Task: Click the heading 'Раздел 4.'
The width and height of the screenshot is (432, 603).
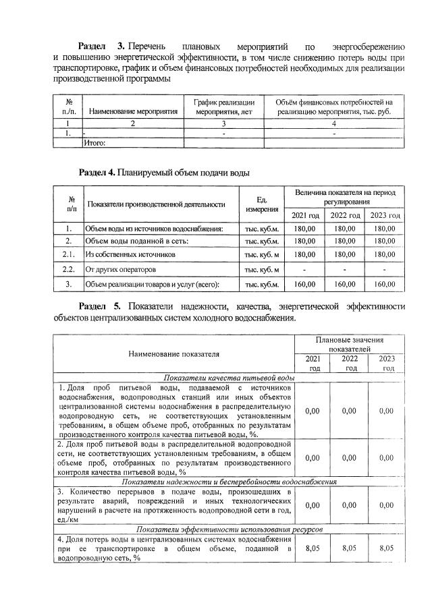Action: [x=97, y=173]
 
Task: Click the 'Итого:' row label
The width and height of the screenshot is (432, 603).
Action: [x=95, y=142]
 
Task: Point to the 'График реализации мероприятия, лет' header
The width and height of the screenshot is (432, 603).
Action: [x=223, y=106]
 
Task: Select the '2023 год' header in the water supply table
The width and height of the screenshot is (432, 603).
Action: [x=384, y=215]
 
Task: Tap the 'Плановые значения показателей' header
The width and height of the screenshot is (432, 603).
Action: [x=349, y=345]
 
